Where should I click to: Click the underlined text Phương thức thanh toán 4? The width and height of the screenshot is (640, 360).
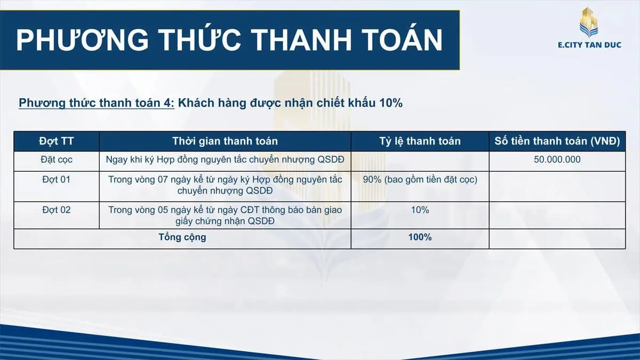[x=97, y=103]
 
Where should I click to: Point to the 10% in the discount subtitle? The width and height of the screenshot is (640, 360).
[x=390, y=103]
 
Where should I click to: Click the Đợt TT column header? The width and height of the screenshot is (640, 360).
[x=57, y=141]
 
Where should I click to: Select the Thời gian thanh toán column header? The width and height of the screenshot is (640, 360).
[x=225, y=141]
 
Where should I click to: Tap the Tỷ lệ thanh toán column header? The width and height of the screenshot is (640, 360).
[x=420, y=141]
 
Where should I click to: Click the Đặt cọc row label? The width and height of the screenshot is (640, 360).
[x=57, y=159]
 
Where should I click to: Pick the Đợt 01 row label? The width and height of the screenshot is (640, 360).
[x=57, y=179]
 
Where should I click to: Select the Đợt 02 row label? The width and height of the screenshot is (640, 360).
[x=57, y=210]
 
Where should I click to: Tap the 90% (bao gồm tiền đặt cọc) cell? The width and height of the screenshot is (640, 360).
[x=420, y=179]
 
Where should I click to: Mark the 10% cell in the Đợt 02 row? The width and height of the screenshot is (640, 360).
[x=420, y=210]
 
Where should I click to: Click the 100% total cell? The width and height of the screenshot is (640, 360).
[x=420, y=237]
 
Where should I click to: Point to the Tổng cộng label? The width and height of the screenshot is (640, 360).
[x=182, y=237]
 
